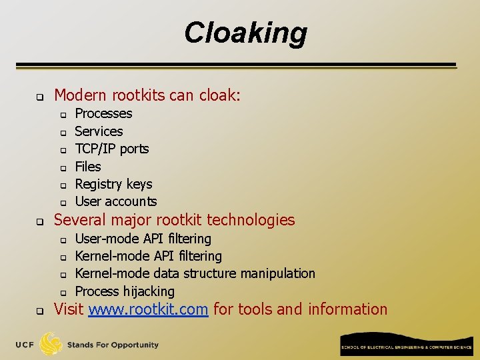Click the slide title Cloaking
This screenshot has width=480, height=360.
click(245, 33)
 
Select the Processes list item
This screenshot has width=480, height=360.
click(103, 114)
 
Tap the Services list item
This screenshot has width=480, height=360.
click(99, 131)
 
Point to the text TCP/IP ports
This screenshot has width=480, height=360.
click(111, 149)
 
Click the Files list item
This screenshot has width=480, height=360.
click(88, 167)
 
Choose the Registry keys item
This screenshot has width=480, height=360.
click(113, 184)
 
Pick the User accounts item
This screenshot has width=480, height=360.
click(116, 201)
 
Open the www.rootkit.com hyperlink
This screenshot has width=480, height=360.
click(148, 309)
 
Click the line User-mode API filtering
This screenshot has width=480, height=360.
click(143, 239)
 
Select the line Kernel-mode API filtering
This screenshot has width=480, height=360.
click(148, 256)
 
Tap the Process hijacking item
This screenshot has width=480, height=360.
click(125, 291)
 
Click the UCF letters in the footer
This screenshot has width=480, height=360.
click(25, 345)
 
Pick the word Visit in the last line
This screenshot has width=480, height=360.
click(69, 309)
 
